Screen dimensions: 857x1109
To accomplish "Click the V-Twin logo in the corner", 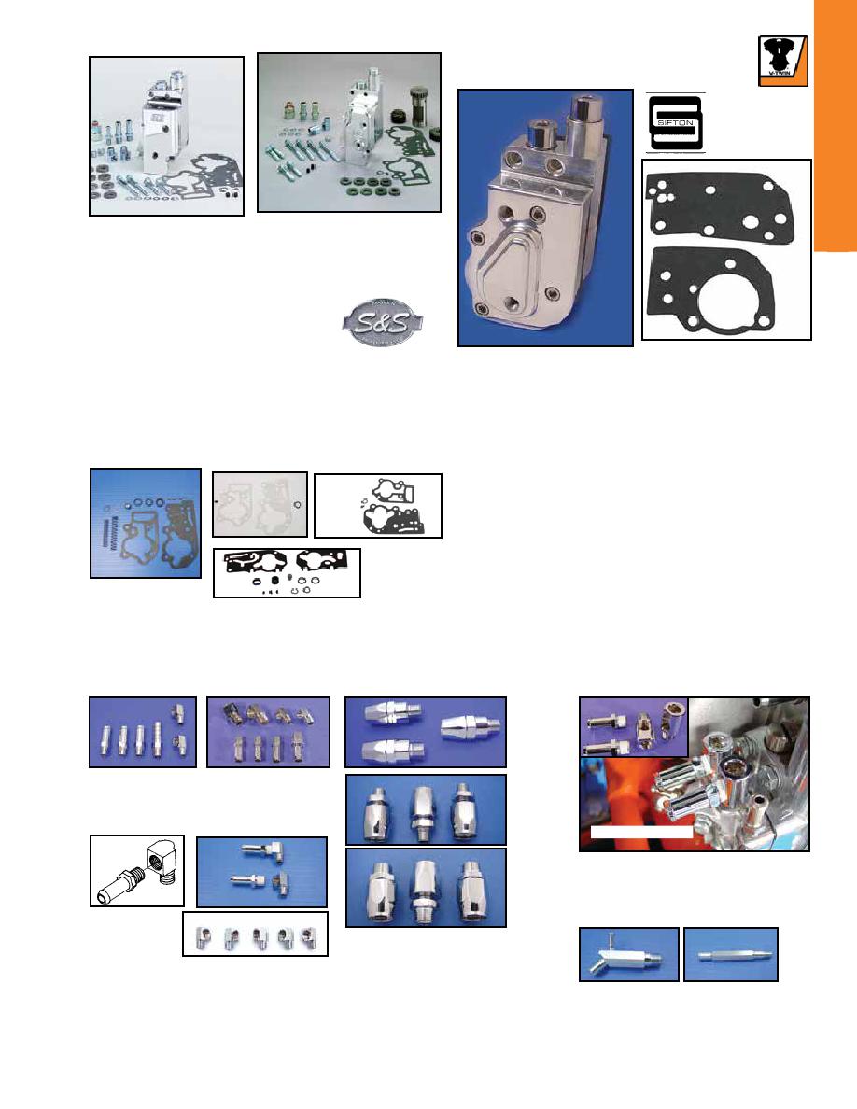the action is pos(782,60).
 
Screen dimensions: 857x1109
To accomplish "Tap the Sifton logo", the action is pos(675,123).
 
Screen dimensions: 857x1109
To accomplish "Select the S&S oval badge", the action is pos(382,322).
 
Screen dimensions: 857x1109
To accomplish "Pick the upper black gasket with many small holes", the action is pos(722,204).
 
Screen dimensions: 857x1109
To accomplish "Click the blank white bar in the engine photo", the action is pos(641,833).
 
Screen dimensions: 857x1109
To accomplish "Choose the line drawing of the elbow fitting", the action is pos(137,871).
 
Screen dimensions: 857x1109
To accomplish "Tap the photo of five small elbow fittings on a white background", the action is pos(255,934).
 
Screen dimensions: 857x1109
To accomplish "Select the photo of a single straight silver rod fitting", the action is pos(731,955).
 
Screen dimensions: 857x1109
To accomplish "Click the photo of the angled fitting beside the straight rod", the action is pos(629,955).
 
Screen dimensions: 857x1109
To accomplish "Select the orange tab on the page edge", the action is pos(836,125).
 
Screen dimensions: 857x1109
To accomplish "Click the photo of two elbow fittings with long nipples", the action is pos(261,872).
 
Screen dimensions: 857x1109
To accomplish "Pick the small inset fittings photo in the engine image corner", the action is pos(634,727).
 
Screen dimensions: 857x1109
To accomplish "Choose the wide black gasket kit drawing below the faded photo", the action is pos(288,573).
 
